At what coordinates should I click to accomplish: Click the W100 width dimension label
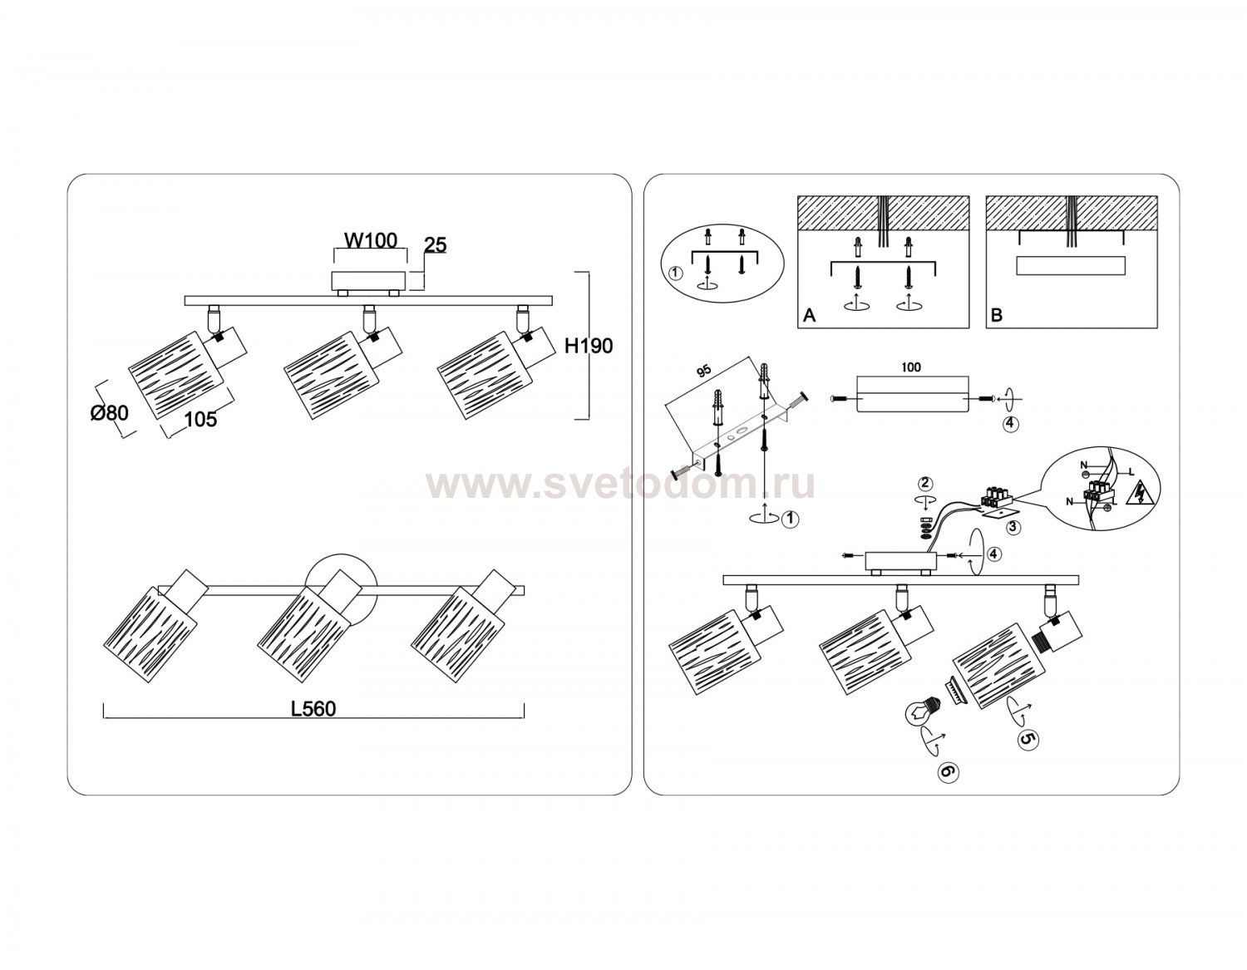371,240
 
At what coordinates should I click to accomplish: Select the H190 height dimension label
589,346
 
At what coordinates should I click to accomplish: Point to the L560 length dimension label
313,709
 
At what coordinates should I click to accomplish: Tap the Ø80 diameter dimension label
109,413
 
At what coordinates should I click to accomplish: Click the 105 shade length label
201,419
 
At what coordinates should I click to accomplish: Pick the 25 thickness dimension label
435,245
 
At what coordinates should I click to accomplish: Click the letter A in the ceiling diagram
809,315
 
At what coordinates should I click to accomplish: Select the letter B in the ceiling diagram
996,315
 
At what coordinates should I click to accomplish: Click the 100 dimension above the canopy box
911,367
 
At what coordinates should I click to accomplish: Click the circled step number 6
948,771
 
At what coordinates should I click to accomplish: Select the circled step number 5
1028,740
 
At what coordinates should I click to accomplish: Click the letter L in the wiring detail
1131,473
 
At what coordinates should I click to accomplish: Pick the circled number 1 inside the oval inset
676,273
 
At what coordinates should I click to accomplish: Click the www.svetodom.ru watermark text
620,485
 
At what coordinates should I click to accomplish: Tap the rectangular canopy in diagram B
1070,266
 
